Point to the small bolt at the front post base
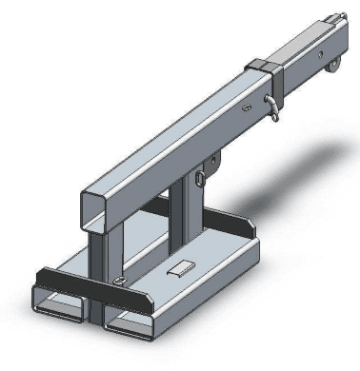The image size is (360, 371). pyautogui.click(x=117, y=281)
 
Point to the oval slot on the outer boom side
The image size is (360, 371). pyautogui.click(x=247, y=110)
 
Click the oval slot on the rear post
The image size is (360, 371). pyautogui.click(x=201, y=178)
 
